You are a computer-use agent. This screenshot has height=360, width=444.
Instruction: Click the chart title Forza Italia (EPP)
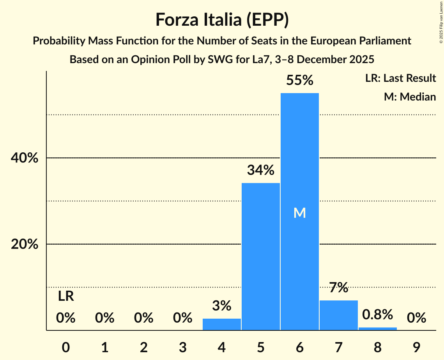click(x=222, y=19)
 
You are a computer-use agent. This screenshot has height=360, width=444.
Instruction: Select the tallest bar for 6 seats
click(x=299, y=156)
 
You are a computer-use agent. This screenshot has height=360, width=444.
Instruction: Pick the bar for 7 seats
click(x=338, y=315)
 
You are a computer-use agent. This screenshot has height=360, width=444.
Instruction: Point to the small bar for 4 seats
click(x=221, y=324)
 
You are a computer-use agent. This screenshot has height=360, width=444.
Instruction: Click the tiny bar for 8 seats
click(x=377, y=328)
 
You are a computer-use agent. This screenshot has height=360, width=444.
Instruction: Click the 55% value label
click(x=299, y=80)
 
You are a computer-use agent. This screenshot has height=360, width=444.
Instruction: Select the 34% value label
click(x=260, y=170)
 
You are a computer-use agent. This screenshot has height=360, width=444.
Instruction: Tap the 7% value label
click(x=338, y=288)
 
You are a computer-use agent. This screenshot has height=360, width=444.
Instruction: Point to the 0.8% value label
click(x=377, y=314)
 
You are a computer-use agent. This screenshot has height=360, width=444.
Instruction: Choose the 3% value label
click(x=221, y=306)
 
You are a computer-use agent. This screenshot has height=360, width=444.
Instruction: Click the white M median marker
click(x=299, y=213)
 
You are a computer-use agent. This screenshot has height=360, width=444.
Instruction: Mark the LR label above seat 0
click(x=66, y=296)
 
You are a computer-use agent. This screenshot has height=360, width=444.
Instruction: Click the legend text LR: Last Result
click(x=400, y=78)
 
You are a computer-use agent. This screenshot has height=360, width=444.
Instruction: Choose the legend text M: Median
click(x=410, y=97)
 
